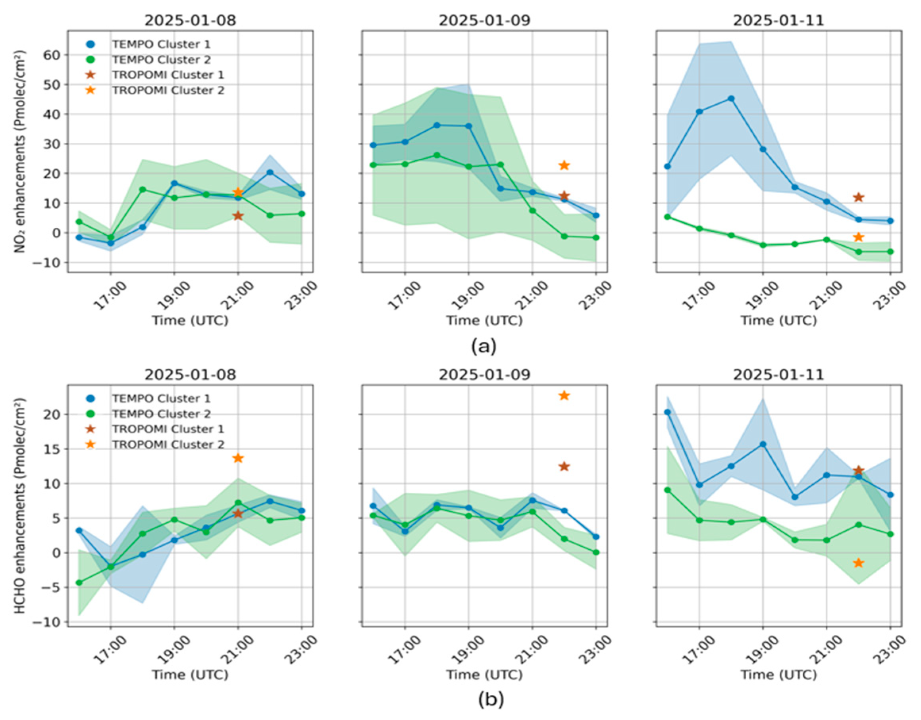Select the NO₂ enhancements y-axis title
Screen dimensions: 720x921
click(x=20, y=152)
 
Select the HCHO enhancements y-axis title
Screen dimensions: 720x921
click(x=20, y=506)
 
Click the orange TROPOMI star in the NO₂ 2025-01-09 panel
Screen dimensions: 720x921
click(x=564, y=166)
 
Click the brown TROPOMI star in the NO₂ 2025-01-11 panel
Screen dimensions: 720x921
click(x=858, y=197)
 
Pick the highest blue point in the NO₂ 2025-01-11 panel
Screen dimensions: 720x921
click(x=731, y=99)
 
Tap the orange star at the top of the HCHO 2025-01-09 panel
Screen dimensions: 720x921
click(x=564, y=396)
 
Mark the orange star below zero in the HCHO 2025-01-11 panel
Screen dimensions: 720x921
click(x=858, y=563)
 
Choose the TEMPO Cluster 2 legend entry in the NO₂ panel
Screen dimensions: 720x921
click(x=160, y=60)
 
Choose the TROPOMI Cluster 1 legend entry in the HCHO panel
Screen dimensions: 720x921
click(x=168, y=429)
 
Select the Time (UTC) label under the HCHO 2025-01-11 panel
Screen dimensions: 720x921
click(x=778, y=674)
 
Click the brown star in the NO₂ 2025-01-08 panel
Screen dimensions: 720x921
click(x=238, y=216)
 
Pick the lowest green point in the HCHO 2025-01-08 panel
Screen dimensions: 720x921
click(x=79, y=583)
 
